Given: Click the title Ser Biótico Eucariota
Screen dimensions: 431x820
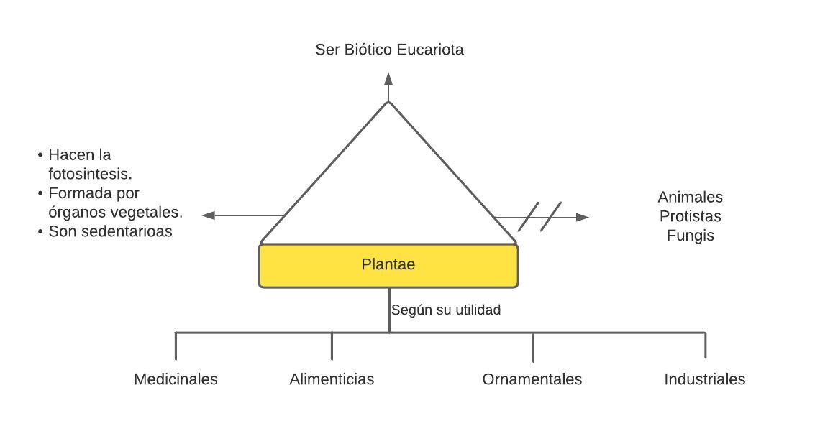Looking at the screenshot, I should (389, 50).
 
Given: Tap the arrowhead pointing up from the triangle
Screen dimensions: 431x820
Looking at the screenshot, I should (388, 78).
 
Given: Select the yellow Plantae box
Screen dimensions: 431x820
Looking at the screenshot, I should (388, 266).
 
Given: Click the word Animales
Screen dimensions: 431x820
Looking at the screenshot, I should (690, 197).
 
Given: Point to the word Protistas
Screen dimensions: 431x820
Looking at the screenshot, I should (690, 216).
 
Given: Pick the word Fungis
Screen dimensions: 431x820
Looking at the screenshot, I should (690, 235).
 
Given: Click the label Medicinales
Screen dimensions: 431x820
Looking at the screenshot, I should (176, 379).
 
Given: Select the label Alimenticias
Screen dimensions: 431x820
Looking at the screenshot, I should (332, 379).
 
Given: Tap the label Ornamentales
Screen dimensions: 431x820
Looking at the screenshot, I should (532, 379).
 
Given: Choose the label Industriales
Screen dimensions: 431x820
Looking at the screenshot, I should (704, 379).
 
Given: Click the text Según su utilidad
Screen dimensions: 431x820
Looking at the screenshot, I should (446, 310).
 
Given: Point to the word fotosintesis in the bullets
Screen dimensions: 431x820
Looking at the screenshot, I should (90, 174).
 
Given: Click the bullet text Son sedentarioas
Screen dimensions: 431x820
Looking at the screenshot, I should (110, 231).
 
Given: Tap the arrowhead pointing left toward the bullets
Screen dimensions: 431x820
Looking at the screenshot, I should (209, 215).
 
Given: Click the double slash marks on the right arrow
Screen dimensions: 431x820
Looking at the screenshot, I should (539, 216).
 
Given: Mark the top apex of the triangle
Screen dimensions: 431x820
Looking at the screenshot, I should (388, 102).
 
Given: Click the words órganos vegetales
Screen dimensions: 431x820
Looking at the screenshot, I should (115, 213).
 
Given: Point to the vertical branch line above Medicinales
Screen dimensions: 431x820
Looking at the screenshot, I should (176, 346).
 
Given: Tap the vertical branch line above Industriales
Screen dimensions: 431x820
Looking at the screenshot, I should (705, 346).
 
